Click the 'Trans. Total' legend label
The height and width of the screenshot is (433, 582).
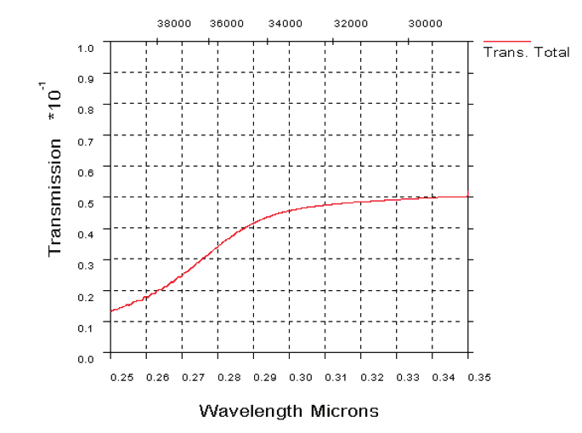click(x=526, y=53)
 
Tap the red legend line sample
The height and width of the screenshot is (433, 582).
click(x=507, y=41)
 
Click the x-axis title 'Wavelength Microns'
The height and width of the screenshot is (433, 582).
click(x=289, y=411)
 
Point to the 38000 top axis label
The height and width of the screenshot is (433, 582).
click(x=174, y=24)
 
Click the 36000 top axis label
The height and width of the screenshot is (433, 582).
click(x=227, y=24)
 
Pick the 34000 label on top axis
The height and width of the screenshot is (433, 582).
click(x=284, y=24)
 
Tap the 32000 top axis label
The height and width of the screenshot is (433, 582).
click(x=350, y=24)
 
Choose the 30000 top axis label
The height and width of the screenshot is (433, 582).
click(x=425, y=24)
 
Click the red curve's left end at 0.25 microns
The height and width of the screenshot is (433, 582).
click(x=110, y=311)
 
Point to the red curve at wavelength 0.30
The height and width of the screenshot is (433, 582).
click(x=290, y=209)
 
